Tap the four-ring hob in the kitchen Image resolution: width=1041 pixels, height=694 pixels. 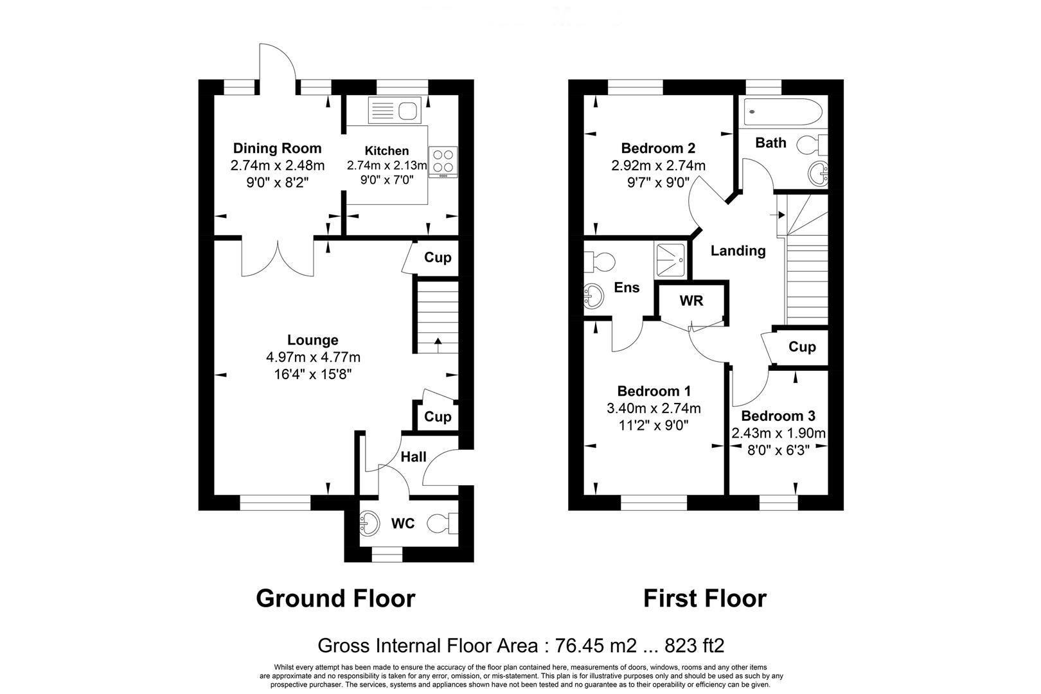(443, 161)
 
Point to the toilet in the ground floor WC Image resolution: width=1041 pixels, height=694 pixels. (444, 522)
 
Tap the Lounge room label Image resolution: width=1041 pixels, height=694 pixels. (312, 341)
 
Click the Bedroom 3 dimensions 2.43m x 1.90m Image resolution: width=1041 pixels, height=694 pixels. (778, 434)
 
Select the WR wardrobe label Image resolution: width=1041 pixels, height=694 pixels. (691, 301)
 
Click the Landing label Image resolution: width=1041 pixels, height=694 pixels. (738, 251)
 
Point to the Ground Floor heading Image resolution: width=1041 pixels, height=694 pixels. (335, 598)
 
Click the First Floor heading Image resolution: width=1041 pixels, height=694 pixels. (705, 598)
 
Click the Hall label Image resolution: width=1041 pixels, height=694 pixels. (413, 457)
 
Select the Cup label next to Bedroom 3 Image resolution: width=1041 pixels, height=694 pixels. (801, 347)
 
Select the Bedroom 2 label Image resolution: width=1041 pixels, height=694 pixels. (658, 148)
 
